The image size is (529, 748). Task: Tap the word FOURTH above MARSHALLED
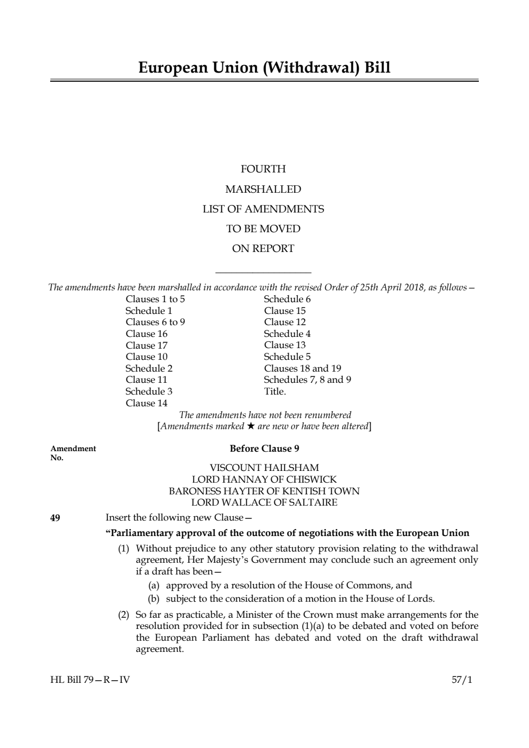coord(263,169)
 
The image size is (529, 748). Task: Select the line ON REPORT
coord(263,248)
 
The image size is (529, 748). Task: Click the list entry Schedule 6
coord(287,299)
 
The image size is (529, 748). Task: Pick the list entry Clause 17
coord(146,345)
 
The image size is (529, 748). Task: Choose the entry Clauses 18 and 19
coord(303,368)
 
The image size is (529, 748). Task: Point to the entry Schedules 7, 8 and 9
coord(307,380)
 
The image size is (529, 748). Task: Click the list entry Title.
coord(275,391)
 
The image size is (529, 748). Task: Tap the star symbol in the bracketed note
coord(250,426)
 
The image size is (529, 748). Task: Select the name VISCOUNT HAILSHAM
coord(264,468)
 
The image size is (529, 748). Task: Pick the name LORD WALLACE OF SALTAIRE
coord(264,502)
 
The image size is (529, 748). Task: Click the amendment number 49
coord(55,517)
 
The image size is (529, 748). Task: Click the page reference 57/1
coord(462,680)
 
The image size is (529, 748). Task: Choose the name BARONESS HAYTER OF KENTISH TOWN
coord(264,491)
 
